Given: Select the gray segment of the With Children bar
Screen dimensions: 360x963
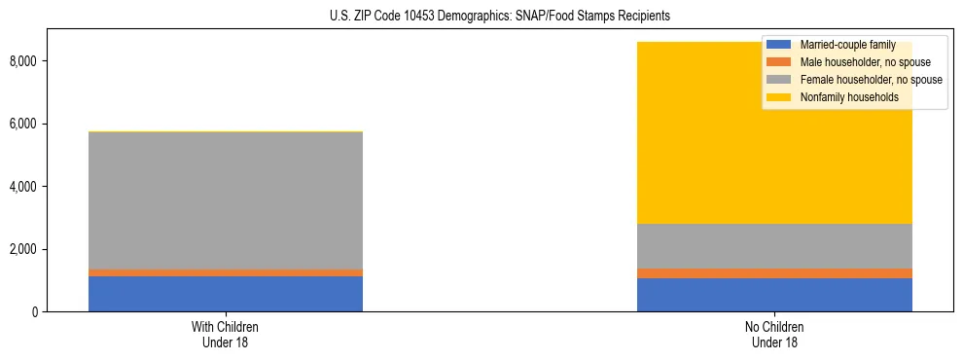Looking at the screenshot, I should [x=226, y=199].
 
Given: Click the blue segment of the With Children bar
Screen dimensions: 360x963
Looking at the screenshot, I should [x=226, y=294].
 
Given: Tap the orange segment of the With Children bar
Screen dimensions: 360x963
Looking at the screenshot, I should [x=226, y=272].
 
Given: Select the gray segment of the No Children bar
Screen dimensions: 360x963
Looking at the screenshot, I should [x=774, y=246].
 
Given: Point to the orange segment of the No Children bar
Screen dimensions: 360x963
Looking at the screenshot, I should [x=774, y=273].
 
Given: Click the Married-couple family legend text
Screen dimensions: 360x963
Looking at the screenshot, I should [x=846, y=45].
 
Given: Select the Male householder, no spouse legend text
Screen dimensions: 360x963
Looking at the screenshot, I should [x=861, y=62].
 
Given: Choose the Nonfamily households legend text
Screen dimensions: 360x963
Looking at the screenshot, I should [x=847, y=97].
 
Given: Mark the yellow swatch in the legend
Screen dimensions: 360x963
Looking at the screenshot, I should [x=779, y=97].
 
